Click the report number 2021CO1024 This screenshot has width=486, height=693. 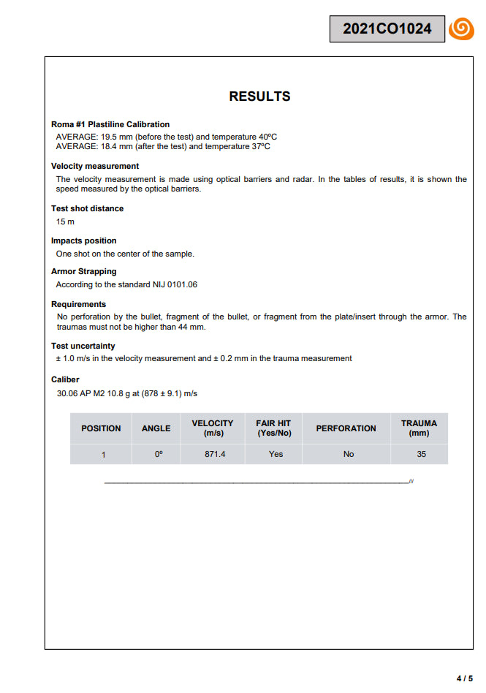click(387, 29)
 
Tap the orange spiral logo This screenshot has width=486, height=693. click(461, 29)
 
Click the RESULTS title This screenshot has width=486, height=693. click(259, 96)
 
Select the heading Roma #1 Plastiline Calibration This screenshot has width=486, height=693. click(110, 124)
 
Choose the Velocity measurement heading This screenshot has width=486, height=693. click(95, 166)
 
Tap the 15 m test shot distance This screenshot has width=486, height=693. click(65, 221)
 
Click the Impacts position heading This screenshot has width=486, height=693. click(84, 241)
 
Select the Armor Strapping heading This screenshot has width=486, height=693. click(84, 271)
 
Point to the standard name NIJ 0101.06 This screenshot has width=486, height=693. click(174, 284)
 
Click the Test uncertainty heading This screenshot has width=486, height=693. click(83, 346)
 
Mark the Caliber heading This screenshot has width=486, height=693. click(65, 379)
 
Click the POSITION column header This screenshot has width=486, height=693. click(101, 428)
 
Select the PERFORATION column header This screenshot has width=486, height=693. click(346, 428)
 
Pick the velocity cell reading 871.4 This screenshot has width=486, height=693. click(215, 454)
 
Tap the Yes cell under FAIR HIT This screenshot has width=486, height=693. click(276, 454)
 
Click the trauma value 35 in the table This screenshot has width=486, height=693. click(421, 454)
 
